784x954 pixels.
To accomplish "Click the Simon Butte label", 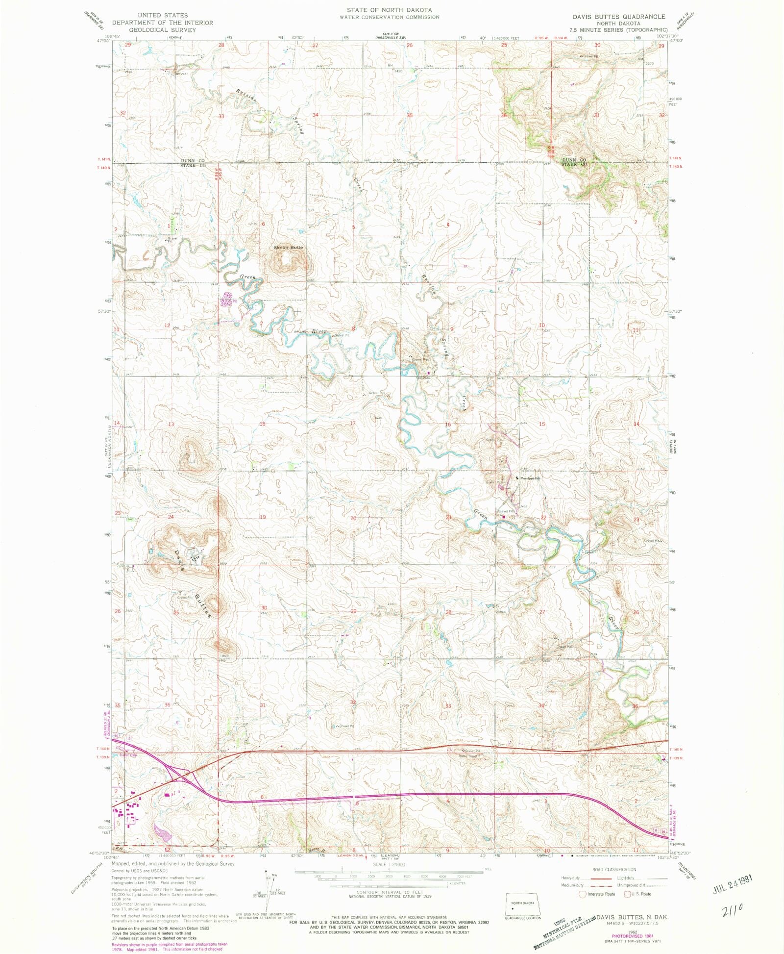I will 288,248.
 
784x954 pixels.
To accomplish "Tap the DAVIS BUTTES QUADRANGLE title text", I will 619,16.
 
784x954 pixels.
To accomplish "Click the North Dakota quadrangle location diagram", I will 523,906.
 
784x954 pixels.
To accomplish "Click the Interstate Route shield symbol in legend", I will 583,894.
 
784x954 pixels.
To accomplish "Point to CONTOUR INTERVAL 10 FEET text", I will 390,892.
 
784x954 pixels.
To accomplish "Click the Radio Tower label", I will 468,756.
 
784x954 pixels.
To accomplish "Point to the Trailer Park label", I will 129,755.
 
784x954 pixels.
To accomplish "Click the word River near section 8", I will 319,332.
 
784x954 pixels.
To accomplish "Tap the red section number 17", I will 353,423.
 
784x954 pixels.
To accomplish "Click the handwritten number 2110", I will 733,910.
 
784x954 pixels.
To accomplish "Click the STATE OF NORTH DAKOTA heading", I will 390,10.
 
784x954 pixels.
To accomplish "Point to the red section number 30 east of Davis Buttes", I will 264,608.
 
